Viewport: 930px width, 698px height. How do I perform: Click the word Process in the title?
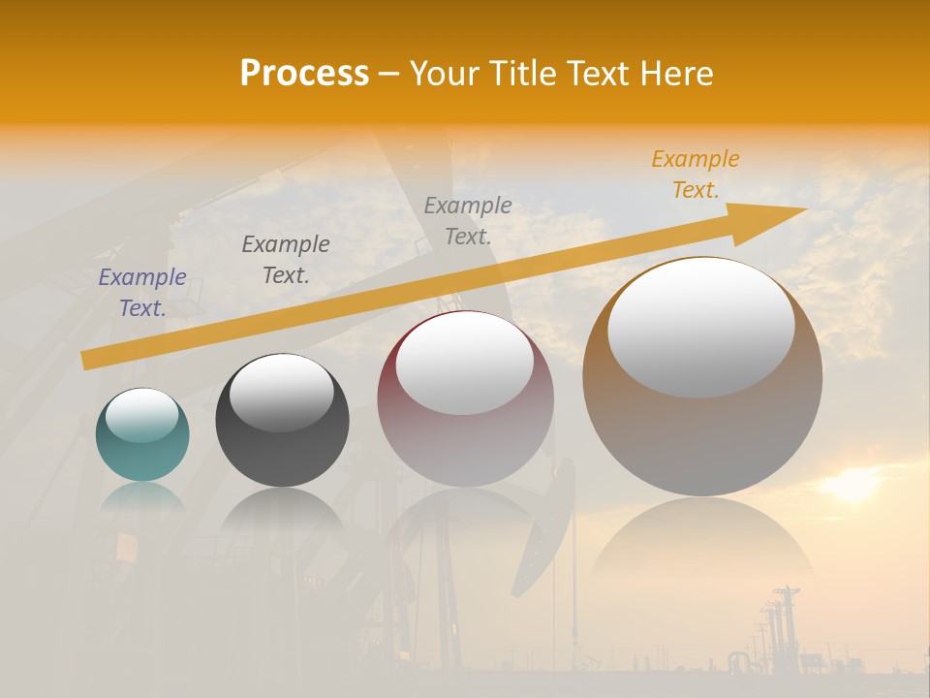pyautogui.click(x=304, y=74)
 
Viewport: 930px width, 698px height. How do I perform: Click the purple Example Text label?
pyautogui.click(x=142, y=293)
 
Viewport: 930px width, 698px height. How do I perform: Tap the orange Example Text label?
pyautogui.click(x=696, y=174)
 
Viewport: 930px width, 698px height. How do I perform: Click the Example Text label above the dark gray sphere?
pyautogui.click(x=286, y=260)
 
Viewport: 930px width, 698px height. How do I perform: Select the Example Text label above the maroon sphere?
pyautogui.click(x=468, y=220)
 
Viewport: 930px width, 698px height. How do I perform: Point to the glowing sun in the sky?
pyautogui.click(x=852, y=485)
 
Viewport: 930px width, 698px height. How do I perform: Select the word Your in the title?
pyautogui.click(x=443, y=74)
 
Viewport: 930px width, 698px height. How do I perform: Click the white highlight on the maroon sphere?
pyautogui.click(x=465, y=364)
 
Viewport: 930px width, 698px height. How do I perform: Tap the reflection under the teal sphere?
pyautogui.click(x=142, y=496)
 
